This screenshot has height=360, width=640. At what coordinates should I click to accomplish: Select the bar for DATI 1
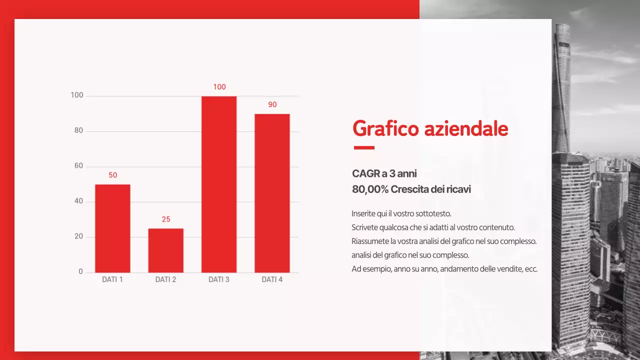point(112,228)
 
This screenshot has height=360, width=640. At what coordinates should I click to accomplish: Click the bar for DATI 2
point(165,250)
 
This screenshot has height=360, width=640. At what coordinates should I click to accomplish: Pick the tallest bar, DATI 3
point(219,184)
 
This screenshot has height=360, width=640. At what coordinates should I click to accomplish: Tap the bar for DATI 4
point(272,193)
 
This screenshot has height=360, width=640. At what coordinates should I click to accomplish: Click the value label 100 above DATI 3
point(219,87)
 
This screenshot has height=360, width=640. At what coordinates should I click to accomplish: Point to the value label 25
point(166,219)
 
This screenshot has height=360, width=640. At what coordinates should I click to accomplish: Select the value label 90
point(272,105)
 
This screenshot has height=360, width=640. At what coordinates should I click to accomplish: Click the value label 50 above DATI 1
point(113,175)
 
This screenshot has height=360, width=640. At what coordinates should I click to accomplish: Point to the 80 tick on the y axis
point(78,131)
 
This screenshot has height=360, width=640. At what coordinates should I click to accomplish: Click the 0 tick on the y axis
point(80,272)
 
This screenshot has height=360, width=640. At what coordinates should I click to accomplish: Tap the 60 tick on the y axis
point(78,166)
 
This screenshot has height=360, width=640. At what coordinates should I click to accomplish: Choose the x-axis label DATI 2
point(165,279)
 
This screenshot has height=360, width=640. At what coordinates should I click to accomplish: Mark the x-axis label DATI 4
point(272,279)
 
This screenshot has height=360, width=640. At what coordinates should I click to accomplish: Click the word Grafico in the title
point(385,129)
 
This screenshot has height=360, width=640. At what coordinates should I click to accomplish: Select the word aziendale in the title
point(466,129)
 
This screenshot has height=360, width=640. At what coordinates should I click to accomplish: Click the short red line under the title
point(364,147)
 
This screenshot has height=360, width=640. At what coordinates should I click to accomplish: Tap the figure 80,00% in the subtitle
point(370,189)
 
